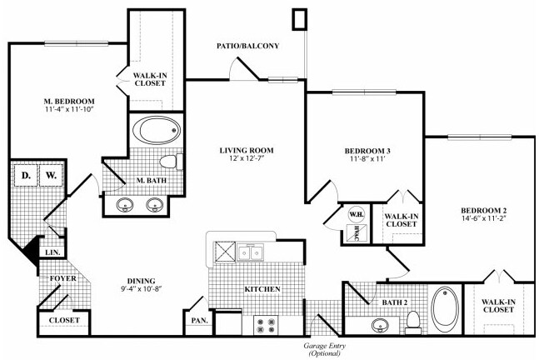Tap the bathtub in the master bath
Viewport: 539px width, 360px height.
tap(155, 130)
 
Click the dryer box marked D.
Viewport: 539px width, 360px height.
tap(25, 176)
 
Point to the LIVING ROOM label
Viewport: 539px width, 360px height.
tap(247, 151)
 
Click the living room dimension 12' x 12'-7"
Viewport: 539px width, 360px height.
tap(247, 161)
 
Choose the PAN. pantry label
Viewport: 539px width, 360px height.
tap(199, 319)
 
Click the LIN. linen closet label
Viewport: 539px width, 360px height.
tap(50, 252)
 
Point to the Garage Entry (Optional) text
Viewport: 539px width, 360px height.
tap(325, 348)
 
